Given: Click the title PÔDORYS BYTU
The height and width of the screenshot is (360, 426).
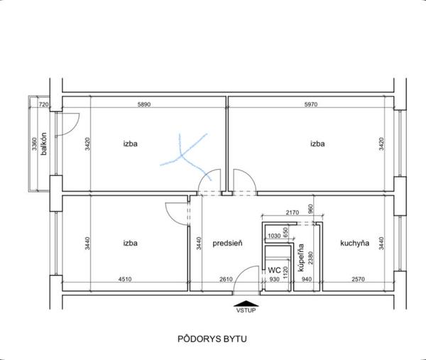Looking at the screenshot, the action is pos(212,339).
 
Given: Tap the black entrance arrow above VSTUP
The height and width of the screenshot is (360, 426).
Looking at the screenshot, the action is pos(246,303).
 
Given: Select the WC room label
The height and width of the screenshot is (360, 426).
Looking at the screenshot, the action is pos(274,271).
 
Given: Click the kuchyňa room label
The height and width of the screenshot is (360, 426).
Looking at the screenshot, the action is pos(354,243).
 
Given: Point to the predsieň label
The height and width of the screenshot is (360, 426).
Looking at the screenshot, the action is pos(227,244).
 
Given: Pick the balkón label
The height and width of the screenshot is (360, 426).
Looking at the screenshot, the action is pos(43,143).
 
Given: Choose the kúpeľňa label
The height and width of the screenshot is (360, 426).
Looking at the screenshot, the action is pos(301,258).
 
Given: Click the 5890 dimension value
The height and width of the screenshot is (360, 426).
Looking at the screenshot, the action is pos(143,104).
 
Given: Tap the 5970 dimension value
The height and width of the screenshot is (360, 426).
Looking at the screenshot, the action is pos(311,104).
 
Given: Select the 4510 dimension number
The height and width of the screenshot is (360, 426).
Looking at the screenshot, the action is pos(125,279).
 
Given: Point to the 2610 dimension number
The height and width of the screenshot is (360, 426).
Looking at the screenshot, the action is pos(226,279).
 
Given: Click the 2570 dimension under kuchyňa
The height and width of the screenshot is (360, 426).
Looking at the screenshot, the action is pos(358,279).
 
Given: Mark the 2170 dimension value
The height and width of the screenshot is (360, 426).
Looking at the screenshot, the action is pos(293,212).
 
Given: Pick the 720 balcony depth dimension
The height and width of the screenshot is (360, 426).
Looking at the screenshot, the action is pos(44,104).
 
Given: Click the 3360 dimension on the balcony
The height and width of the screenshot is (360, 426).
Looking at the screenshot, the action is pos(34,144).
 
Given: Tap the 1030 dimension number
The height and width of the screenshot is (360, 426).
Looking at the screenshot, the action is pos(274,236).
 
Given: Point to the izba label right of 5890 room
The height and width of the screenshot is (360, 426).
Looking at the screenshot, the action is pos(317,143).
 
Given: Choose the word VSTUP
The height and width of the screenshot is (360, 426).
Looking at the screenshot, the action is pos(246,310).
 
